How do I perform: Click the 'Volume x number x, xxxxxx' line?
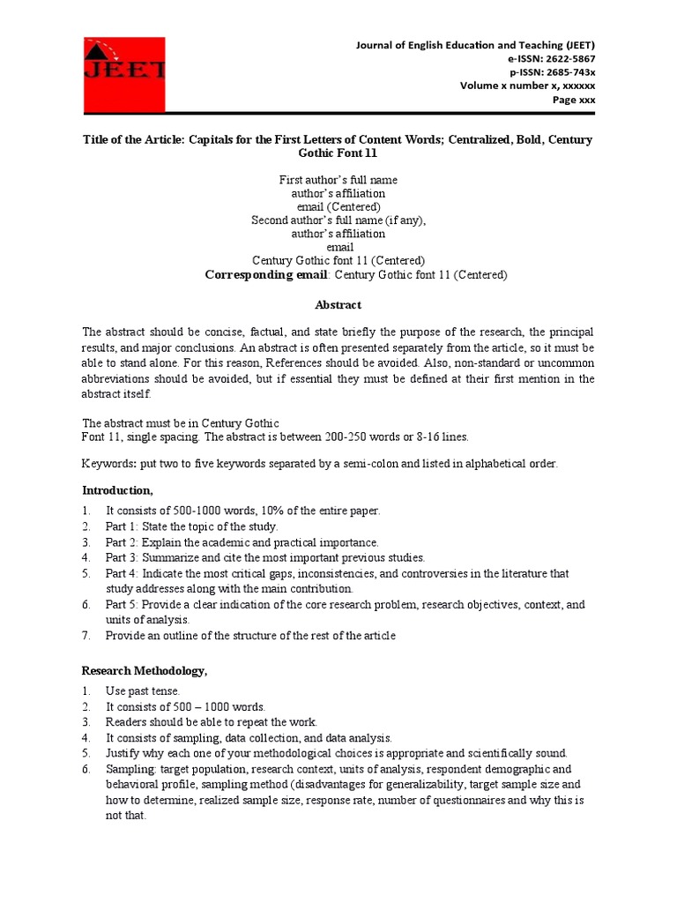(x=527, y=86)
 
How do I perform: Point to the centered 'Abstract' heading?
(x=338, y=305)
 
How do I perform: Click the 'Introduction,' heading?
(x=117, y=489)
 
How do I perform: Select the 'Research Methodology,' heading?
(x=145, y=671)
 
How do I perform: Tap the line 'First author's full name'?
(x=338, y=180)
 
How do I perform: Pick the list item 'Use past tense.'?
(x=143, y=690)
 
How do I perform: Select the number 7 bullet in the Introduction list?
(x=86, y=635)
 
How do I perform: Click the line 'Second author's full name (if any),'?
(x=338, y=220)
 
